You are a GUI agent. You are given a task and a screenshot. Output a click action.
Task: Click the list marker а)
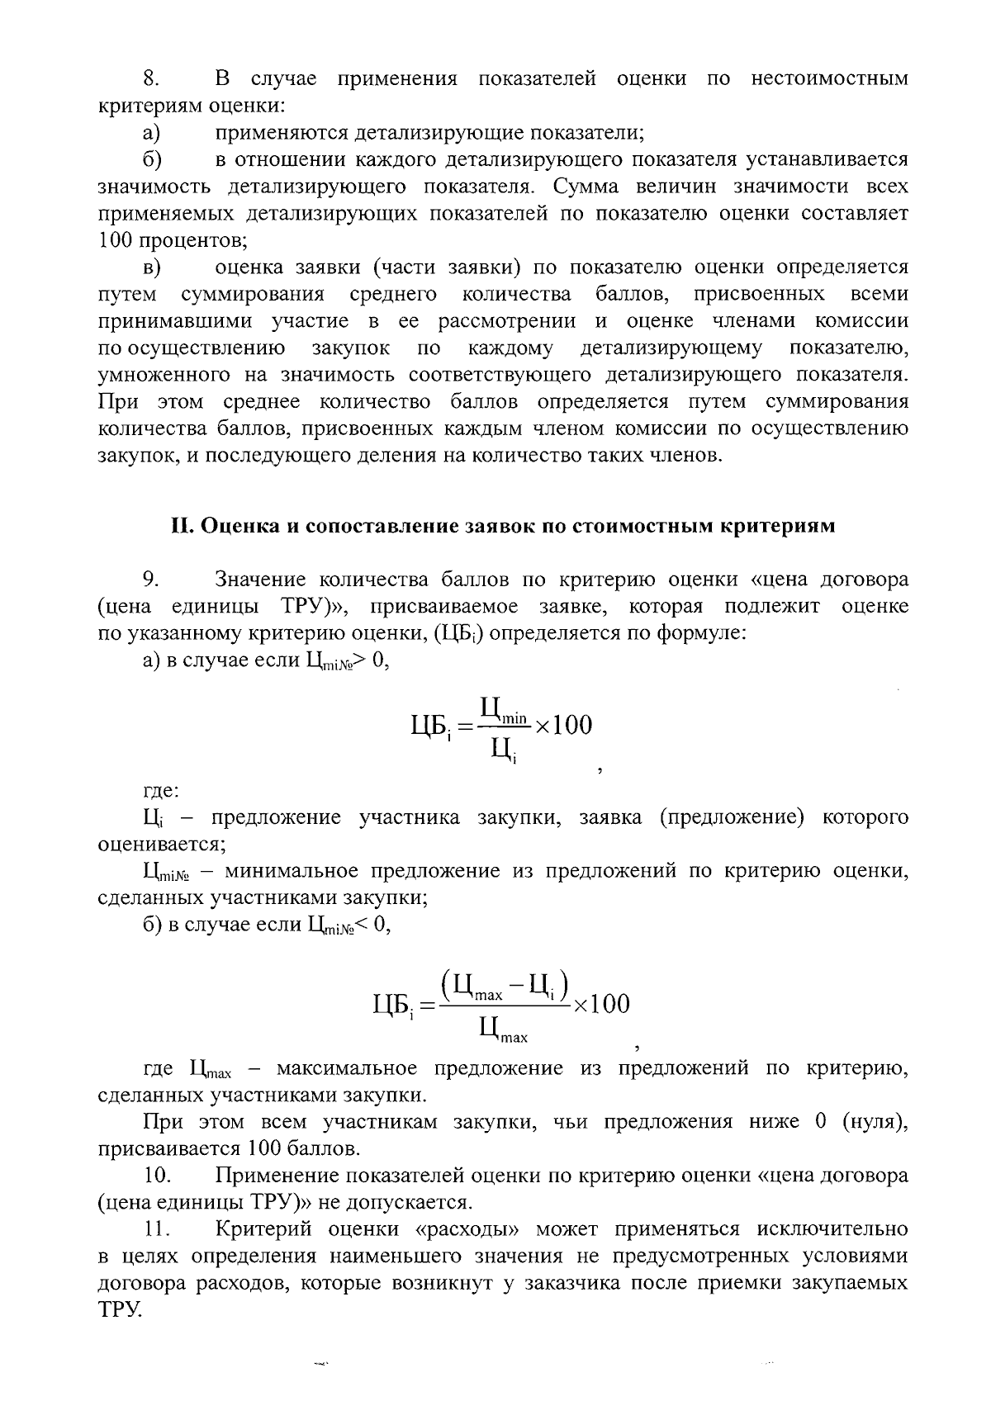tap(151, 133)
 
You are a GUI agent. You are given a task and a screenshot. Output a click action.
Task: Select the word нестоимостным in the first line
tap(829, 79)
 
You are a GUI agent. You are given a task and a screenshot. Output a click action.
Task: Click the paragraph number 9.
tap(150, 580)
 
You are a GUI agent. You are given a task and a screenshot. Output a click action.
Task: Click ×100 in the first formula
tap(564, 726)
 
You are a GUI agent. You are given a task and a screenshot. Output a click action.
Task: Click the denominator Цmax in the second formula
tap(503, 1029)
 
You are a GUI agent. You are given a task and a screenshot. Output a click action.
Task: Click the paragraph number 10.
tap(156, 1176)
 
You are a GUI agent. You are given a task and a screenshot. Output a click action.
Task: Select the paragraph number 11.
tap(156, 1229)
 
